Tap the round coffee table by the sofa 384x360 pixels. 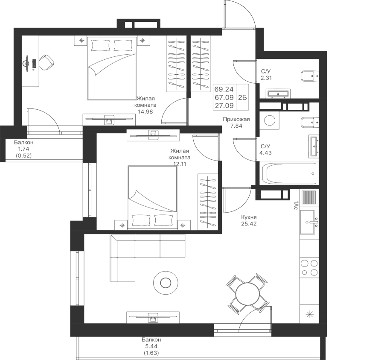click(x=165, y=282)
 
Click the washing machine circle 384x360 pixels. click(x=270, y=120)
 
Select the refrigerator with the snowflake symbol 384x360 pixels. click(x=309, y=316)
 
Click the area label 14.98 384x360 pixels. click(x=145, y=112)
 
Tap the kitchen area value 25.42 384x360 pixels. click(x=248, y=223)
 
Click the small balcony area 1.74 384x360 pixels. click(x=23, y=149)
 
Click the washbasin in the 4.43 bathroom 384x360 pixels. click(x=314, y=145)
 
